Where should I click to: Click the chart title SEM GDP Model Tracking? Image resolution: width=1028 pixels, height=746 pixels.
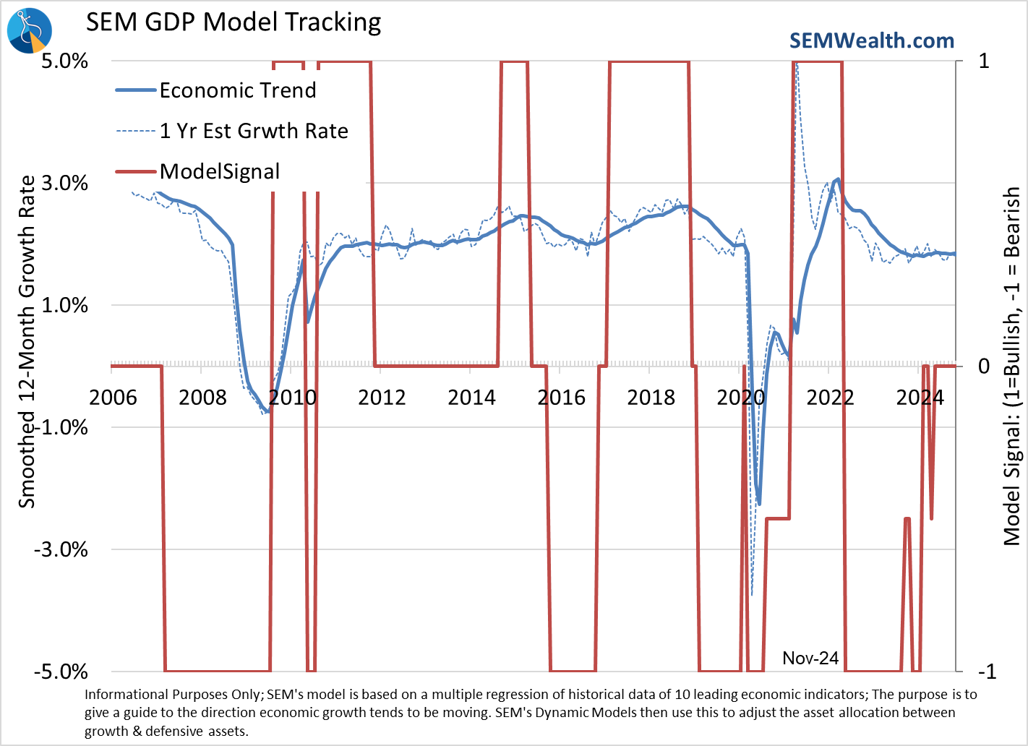tap(234, 22)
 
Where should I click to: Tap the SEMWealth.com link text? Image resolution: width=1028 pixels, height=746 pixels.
tap(871, 41)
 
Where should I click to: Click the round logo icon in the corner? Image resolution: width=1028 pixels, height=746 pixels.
tap(30, 30)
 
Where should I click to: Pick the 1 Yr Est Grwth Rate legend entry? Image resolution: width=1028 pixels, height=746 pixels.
tap(253, 131)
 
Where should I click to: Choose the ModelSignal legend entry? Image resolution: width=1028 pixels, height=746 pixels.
tap(219, 171)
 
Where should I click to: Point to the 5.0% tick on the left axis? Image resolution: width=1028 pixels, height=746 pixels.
tap(65, 61)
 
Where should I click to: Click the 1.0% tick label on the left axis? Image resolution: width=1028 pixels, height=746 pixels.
tap(65, 305)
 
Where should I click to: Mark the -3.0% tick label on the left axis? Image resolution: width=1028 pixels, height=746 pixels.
tap(61, 549)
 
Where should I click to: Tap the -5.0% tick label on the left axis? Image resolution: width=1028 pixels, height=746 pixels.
tap(61, 672)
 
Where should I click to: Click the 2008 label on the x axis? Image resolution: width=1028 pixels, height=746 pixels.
tap(202, 398)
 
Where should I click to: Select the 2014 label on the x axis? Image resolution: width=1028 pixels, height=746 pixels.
tap(471, 398)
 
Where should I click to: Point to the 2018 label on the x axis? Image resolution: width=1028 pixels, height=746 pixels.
tap(651, 398)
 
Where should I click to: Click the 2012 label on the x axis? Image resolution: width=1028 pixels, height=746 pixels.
tap(382, 398)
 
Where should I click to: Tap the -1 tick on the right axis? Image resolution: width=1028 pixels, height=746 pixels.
tap(987, 672)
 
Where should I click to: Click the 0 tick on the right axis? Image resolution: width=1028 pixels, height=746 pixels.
tap(984, 366)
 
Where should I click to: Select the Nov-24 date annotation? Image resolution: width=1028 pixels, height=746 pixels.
tap(810, 658)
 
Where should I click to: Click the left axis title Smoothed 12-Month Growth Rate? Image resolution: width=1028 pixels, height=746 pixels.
tap(27, 341)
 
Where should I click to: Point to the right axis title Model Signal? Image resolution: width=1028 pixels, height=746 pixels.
tap(1012, 365)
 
